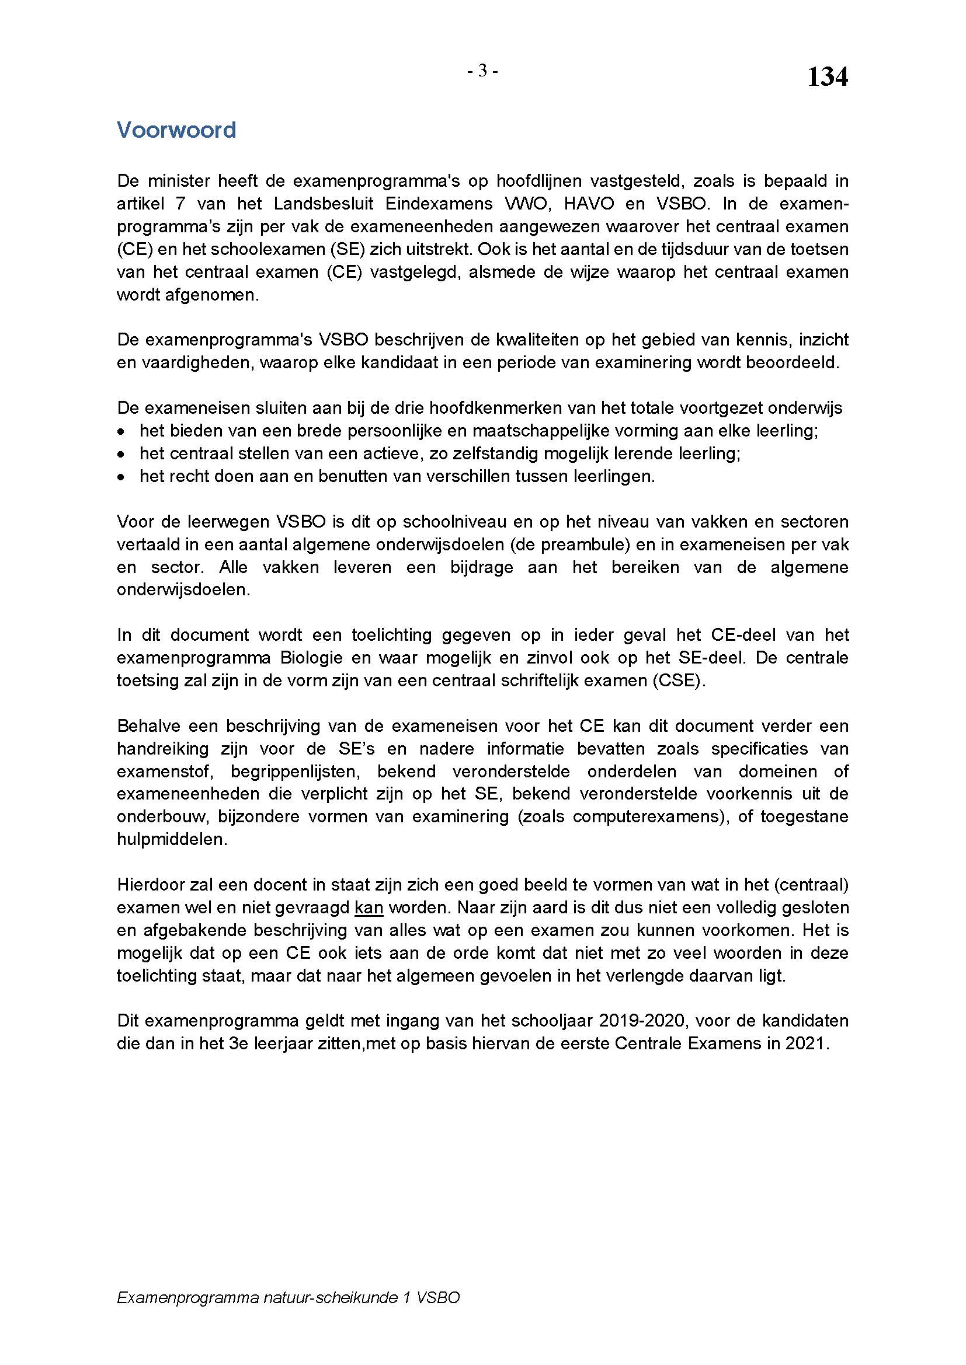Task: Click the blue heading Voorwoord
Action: (x=176, y=130)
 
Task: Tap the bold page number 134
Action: (x=827, y=77)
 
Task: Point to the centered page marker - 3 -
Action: (x=482, y=71)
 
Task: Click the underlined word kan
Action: (x=369, y=908)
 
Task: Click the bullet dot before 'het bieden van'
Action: (x=121, y=432)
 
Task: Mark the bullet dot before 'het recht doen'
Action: (x=121, y=477)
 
